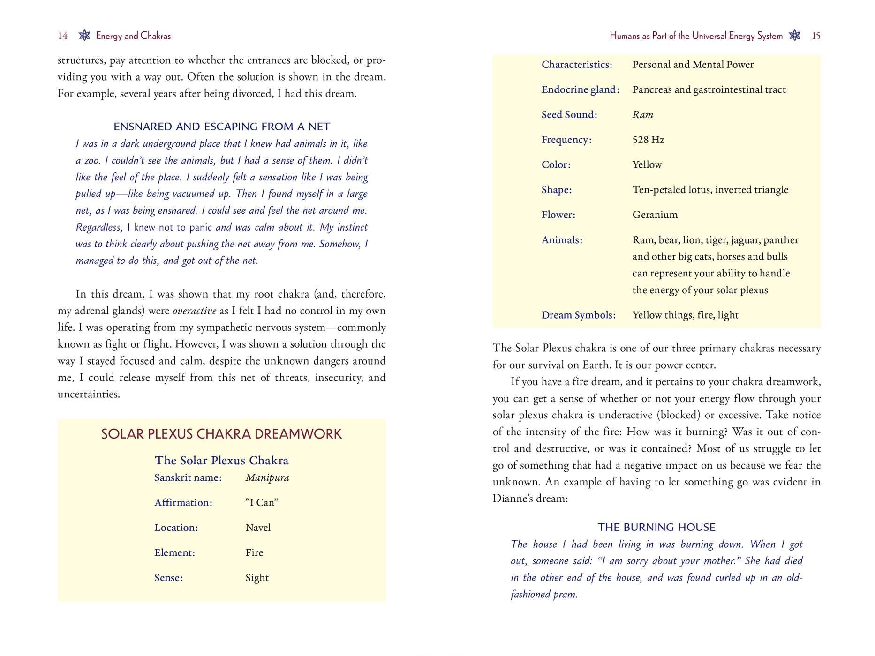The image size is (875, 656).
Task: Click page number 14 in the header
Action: pyautogui.click(x=63, y=36)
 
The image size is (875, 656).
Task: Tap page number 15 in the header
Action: pyautogui.click(x=816, y=36)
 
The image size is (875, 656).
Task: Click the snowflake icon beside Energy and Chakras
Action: pyautogui.click(x=84, y=35)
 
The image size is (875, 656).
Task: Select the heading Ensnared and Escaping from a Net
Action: pyautogui.click(x=222, y=127)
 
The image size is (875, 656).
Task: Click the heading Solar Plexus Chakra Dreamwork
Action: pyautogui.click(x=221, y=434)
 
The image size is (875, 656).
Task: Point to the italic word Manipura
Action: pyautogui.click(x=267, y=478)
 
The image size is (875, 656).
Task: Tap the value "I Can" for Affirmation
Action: pyautogui.click(x=262, y=503)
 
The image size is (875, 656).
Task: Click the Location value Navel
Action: pyautogui.click(x=258, y=528)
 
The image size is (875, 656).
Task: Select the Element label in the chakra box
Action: pyautogui.click(x=174, y=553)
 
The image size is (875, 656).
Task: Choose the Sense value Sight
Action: pyautogui.click(x=257, y=578)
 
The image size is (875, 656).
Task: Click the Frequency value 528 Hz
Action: pyautogui.click(x=648, y=140)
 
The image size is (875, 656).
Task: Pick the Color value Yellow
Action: pyautogui.click(x=647, y=165)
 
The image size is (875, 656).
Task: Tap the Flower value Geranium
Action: pyautogui.click(x=655, y=215)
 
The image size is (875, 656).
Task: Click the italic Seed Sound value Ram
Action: pyautogui.click(x=642, y=115)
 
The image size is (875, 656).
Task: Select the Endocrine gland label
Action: pyautogui.click(x=580, y=89)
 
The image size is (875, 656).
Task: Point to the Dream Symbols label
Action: pyautogui.click(x=578, y=315)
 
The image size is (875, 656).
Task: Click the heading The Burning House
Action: pyautogui.click(x=656, y=527)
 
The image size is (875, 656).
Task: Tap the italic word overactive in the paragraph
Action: pyautogui.click(x=194, y=311)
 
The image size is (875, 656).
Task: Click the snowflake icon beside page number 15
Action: pyautogui.click(x=795, y=35)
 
